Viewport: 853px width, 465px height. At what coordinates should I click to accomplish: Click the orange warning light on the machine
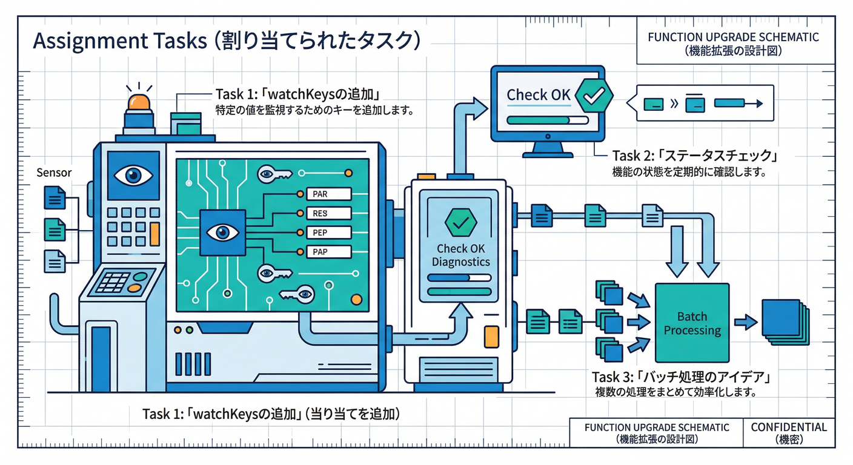(x=139, y=102)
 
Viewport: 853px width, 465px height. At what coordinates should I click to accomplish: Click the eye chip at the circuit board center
(x=222, y=232)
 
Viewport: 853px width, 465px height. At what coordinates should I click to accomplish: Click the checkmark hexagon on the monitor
(x=593, y=94)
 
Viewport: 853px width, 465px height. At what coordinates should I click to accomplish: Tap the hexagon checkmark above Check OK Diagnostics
(x=460, y=222)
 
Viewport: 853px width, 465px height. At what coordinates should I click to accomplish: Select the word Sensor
(x=54, y=173)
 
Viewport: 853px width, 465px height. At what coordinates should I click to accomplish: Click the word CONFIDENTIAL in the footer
(x=789, y=427)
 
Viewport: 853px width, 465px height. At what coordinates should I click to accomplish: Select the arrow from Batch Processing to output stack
(x=746, y=323)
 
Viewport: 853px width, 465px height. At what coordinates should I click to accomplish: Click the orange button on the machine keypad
(x=154, y=233)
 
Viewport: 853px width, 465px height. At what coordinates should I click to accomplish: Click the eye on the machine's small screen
(x=133, y=176)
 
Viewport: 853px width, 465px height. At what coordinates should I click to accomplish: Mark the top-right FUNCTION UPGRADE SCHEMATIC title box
(x=733, y=43)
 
